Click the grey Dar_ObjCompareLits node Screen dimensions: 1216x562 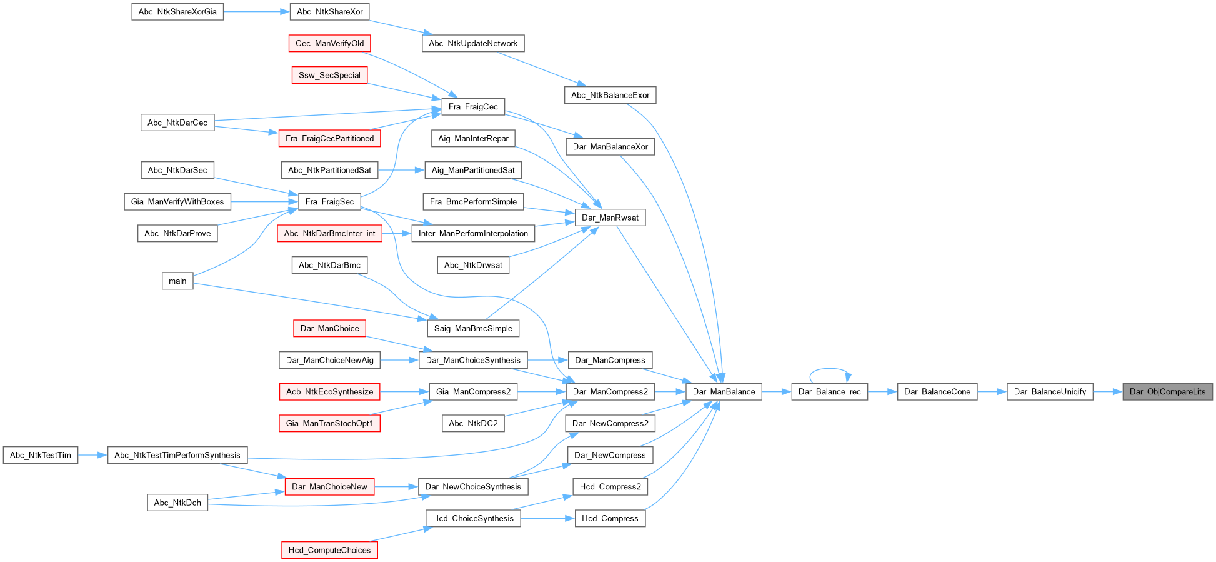click(1167, 392)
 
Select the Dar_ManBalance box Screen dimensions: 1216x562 click(724, 392)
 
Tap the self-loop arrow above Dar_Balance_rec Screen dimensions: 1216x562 click(830, 373)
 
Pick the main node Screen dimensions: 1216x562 click(177, 281)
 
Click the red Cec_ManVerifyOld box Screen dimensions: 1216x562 click(329, 44)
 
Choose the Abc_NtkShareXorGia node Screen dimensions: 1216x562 click(177, 12)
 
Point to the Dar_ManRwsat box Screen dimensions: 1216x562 click(610, 218)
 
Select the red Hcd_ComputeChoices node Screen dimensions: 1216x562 click(329, 550)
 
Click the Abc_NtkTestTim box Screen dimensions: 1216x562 click(41, 455)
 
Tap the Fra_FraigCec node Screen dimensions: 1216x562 click(473, 107)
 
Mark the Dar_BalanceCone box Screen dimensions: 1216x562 click(937, 392)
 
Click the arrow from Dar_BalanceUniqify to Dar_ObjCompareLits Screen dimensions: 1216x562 click(1108, 392)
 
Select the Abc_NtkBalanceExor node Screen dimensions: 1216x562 click(610, 95)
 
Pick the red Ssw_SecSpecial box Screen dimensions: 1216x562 click(329, 75)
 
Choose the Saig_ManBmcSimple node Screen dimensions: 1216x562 click(473, 328)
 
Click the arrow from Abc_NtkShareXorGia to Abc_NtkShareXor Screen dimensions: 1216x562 click(257, 12)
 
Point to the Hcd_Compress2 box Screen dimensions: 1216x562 click(610, 487)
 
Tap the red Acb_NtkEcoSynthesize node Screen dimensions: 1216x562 click(329, 392)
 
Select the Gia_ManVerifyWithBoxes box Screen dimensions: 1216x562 click(177, 202)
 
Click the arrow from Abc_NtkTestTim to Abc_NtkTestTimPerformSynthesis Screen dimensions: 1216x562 click(93, 455)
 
